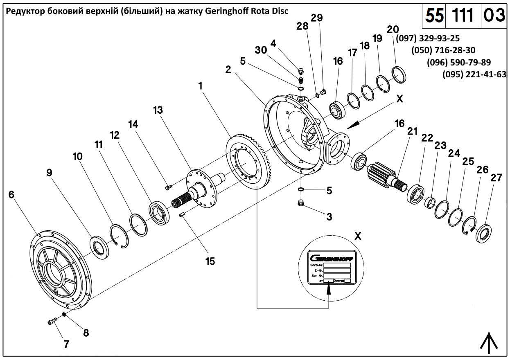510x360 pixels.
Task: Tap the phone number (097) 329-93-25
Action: pyautogui.click(x=428, y=38)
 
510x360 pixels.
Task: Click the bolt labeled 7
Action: pyautogui.click(x=51, y=322)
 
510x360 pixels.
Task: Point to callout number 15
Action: pyautogui.click(x=210, y=261)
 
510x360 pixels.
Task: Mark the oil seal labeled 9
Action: pyautogui.click(x=100, y=247)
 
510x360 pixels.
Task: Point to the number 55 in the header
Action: pyautogui.click(x=434, y=16)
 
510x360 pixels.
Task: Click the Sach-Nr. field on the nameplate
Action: pyautogui.click(x=337, y=265)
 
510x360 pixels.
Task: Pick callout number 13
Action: pyautogui.click(x=158, y=110)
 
